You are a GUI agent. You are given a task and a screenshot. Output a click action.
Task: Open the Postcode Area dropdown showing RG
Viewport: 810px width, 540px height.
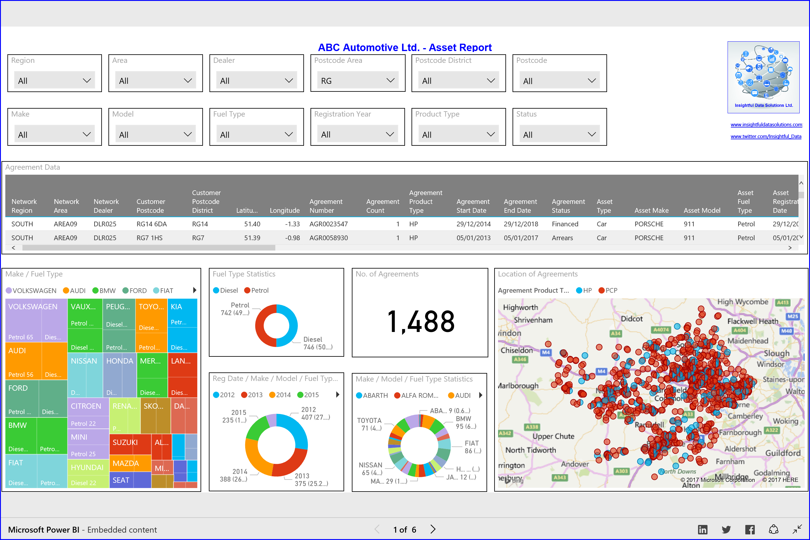coord(357,81)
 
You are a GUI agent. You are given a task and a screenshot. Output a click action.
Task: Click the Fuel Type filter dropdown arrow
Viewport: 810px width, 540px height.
coord(289,134)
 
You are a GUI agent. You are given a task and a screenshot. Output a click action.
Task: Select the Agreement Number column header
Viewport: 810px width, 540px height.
coord(326,206)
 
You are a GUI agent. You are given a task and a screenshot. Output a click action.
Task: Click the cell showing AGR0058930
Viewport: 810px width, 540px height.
coord(328,238)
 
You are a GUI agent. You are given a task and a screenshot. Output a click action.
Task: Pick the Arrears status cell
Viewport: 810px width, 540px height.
coord(562,238)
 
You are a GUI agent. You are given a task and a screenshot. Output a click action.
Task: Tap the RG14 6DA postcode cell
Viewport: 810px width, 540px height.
coord(151,224)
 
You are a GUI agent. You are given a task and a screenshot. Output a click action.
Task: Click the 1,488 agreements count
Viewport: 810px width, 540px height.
coord(421,322)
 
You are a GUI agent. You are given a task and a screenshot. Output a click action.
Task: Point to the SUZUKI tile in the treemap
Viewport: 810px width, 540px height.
coord(125,443)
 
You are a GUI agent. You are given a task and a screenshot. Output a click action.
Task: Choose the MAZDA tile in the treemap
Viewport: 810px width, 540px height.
coord(126,464)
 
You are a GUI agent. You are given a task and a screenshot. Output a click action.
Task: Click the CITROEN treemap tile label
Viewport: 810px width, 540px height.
coord(86,406)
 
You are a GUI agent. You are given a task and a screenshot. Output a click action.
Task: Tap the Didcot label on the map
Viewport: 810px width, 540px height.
coord(632,319)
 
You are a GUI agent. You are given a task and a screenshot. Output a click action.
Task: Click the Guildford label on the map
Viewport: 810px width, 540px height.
coord(783,453)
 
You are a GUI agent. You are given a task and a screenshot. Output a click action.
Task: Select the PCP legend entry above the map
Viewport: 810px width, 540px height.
coord(608,290)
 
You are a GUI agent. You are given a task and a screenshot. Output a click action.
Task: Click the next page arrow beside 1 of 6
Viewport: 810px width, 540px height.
coord(433,529)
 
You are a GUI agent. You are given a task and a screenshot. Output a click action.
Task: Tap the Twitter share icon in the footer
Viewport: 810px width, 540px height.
coord(726,529)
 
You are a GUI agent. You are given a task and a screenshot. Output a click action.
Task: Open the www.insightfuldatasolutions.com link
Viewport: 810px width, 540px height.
coord(766,125)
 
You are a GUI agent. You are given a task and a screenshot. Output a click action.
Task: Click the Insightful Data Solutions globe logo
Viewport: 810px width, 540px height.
coord(763,74)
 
